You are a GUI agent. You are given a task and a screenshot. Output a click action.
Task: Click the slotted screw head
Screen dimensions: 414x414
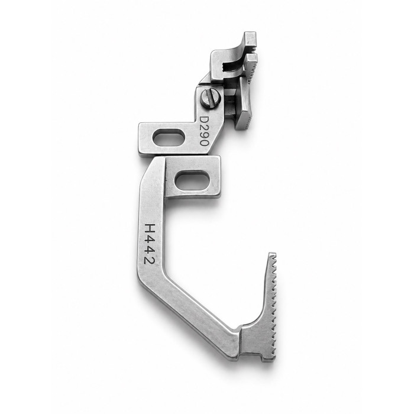[210, 98]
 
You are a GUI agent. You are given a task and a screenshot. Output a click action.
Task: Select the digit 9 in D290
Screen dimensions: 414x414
[204, 135]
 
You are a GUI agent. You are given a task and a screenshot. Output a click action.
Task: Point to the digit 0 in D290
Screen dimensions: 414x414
[205, 143]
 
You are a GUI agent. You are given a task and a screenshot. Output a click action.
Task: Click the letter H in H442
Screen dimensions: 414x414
[150, 229]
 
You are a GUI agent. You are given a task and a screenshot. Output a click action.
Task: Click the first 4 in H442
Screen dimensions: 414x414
[150, 240]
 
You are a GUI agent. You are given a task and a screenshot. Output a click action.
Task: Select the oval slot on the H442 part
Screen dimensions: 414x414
[192, 180]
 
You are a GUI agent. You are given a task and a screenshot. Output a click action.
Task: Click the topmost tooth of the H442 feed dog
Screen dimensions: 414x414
[273, 255]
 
